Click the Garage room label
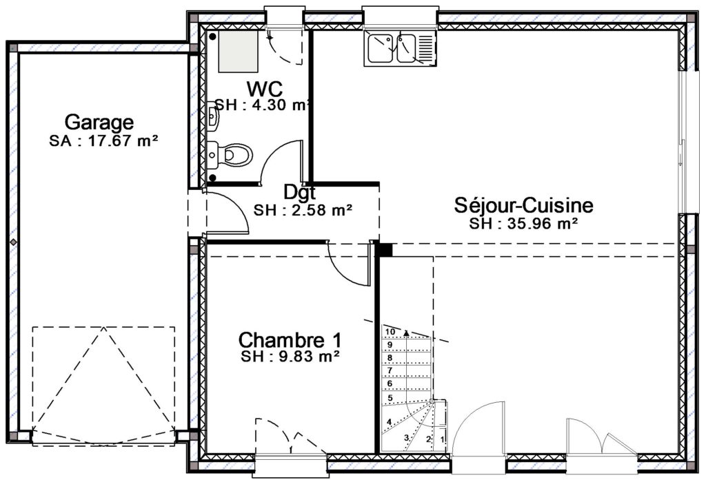point(99,121)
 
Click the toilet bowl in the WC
point(234,156)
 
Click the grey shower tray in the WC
point(238,51)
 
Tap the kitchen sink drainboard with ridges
point(425,49)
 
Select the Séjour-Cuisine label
point(524,205)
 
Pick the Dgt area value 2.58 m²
point(316,210)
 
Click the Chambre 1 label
point(290,339)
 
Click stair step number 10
point(390,332)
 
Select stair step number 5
point(390,398)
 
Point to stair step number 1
point(442,438)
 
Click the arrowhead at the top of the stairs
point(407,333)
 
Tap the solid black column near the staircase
point(385,250)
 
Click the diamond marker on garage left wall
point(14,242)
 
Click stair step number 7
point(390,370)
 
